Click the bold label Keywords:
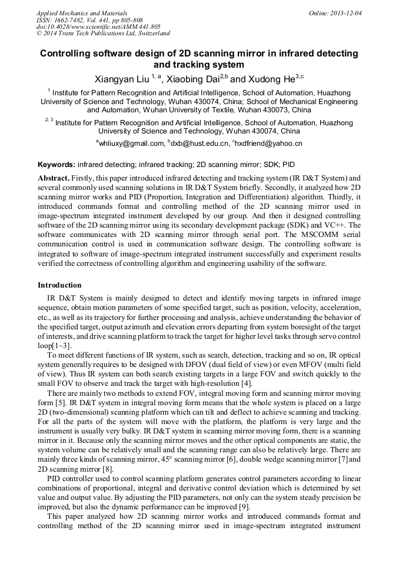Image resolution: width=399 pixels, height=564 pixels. (x=56, y=165)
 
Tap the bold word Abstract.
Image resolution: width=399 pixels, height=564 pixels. (x=54, y=177)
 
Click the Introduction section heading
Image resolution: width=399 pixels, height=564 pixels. (x=59, y=285)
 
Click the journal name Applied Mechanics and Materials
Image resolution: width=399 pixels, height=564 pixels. (x=81, y=12)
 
